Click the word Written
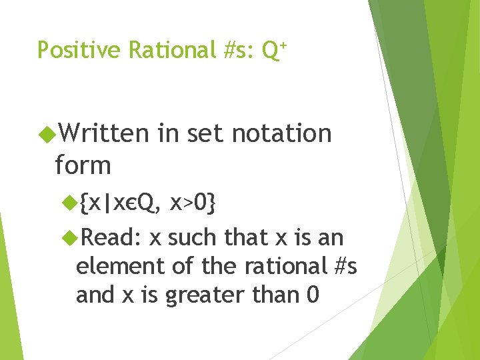tap(104, 133)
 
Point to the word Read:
tap(111, 237)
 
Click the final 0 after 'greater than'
tap(312, 295)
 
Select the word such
tap(193, 237)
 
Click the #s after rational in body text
tap(344, 267)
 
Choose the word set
tap(207, 133)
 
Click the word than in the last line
tap(273, 295)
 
